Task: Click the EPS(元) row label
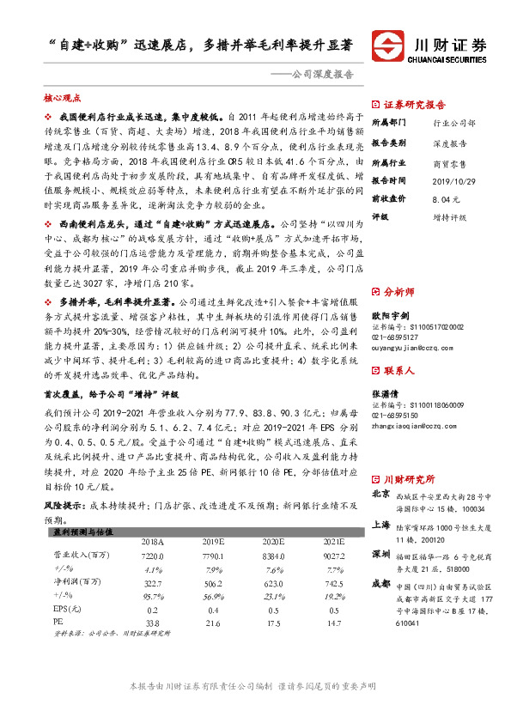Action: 65,608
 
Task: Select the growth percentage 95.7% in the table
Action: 152,595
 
